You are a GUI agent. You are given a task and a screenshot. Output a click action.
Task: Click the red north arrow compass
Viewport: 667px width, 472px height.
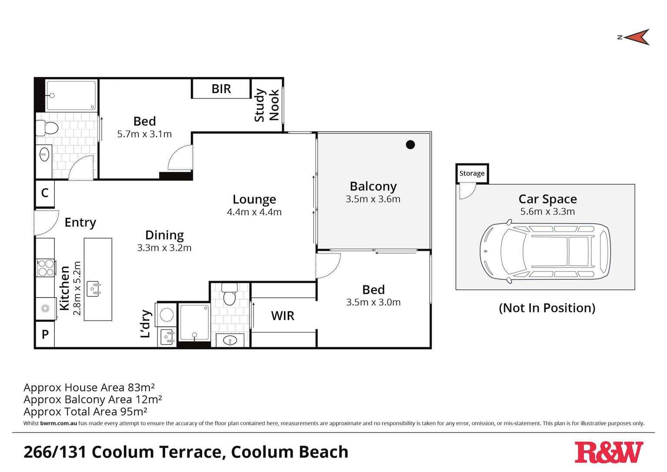637,37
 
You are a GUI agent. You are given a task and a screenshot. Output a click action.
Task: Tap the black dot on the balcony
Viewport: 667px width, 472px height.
410,145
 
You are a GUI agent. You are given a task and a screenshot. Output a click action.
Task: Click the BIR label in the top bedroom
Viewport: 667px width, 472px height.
221,89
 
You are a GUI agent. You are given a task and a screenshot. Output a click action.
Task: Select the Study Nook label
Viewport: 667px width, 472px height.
266,105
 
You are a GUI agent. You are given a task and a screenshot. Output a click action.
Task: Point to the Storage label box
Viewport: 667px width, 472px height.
472,173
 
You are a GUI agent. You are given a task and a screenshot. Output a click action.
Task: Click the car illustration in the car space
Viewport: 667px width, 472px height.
545,252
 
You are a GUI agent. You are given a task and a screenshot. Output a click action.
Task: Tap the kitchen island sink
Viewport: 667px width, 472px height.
93,288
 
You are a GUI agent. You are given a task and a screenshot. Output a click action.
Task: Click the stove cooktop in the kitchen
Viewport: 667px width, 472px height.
46,268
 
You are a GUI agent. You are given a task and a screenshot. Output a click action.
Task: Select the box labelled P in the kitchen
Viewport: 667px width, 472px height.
45,335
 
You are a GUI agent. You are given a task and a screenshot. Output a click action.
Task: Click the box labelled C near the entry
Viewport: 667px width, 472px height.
45,193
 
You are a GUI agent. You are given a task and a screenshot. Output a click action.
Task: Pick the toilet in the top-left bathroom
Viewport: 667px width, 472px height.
47,128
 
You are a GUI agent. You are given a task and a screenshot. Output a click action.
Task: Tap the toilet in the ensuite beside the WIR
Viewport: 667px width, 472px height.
229,295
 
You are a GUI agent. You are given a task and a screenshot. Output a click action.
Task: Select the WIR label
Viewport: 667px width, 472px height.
283,316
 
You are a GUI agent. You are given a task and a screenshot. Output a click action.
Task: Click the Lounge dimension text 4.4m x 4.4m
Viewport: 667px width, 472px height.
254,212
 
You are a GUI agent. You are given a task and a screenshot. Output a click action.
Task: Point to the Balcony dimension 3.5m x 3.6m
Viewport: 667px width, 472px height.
373,199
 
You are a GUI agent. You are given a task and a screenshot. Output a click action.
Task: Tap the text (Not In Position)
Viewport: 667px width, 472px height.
547,308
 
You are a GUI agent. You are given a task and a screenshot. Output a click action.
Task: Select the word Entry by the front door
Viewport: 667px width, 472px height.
80,222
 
